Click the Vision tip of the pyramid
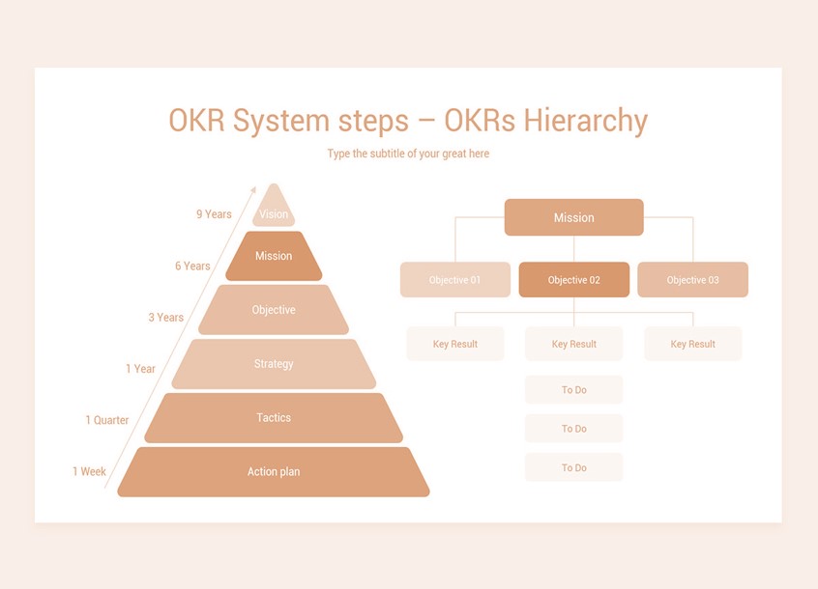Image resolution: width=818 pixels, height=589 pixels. pyautogui.click(x=274, y=211)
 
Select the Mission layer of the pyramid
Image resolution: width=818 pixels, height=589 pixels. pyautogui.click(x=274, y=256)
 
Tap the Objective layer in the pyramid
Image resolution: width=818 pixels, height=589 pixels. pyautogui.click(x=274, y=310)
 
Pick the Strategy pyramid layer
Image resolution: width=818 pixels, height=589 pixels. pyautogui.click(x=274, y=364)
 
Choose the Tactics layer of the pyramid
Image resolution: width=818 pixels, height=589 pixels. pyautogui.click(x=274, y=418)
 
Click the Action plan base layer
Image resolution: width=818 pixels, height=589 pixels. pyautogui.click(x=274, y=472)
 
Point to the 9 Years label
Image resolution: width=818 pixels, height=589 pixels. pyautogui.click(x=214, y=214)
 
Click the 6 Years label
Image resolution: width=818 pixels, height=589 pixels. pyautogui.click(x=192, y=266)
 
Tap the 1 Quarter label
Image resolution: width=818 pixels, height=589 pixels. pyautogui.click(x=106, y=420)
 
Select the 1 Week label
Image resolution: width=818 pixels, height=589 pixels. pyautogui.click(x=89, y=471)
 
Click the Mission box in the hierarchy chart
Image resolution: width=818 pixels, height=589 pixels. pyautogui.click(x=573, y=217)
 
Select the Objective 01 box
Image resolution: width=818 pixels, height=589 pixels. pyautogui.click(x=454, y=280)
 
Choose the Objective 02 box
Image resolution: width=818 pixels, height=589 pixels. pyautogui.click(x=573, y=280)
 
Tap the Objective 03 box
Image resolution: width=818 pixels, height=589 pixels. pyautogui.click(x=692, y=280)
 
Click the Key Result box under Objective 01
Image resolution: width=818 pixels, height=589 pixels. pyautogui.click(x=454, y=344)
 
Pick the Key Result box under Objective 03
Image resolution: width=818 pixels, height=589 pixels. pyautogui.click(x=692, y=344)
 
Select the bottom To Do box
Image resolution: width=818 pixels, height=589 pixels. pyautogui.click(x=573, y=467)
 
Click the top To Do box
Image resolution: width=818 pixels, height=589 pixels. pyautogui.click(x=573, y=390)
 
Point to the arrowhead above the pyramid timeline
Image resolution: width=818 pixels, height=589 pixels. pyautogui.click(x=253, y=190)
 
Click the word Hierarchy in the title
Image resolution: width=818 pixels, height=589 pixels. pyautogui.click(x=585, y=121)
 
